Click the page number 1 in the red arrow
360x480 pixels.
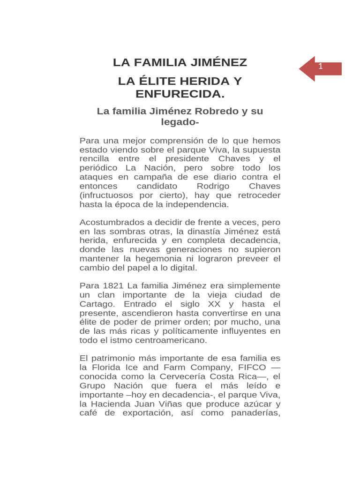[x=321, y=67]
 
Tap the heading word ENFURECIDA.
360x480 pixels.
[x=180, y=94]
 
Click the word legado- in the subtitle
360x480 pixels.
[x=180, y=122]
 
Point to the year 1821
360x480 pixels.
[x=112, y=285]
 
